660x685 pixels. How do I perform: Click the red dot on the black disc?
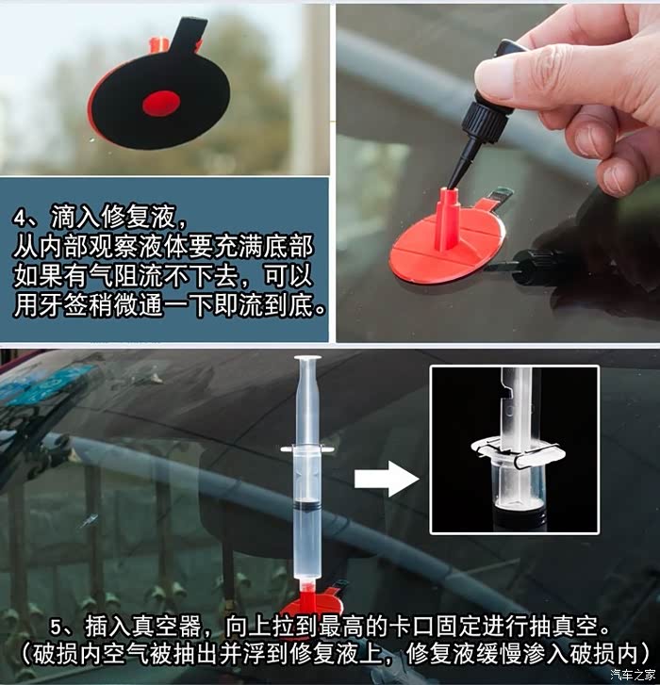coord(161,104)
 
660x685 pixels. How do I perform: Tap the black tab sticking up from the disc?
coord(188,34)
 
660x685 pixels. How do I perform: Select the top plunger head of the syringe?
coord(307,360)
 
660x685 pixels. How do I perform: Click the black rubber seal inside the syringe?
coord(307,505)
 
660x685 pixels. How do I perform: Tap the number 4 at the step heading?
coord(21,218)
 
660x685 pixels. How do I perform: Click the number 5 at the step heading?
coord(57,628)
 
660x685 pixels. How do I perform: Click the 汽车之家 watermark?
coord(633,675)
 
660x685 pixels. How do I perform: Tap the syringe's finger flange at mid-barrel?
coord(307,449)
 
